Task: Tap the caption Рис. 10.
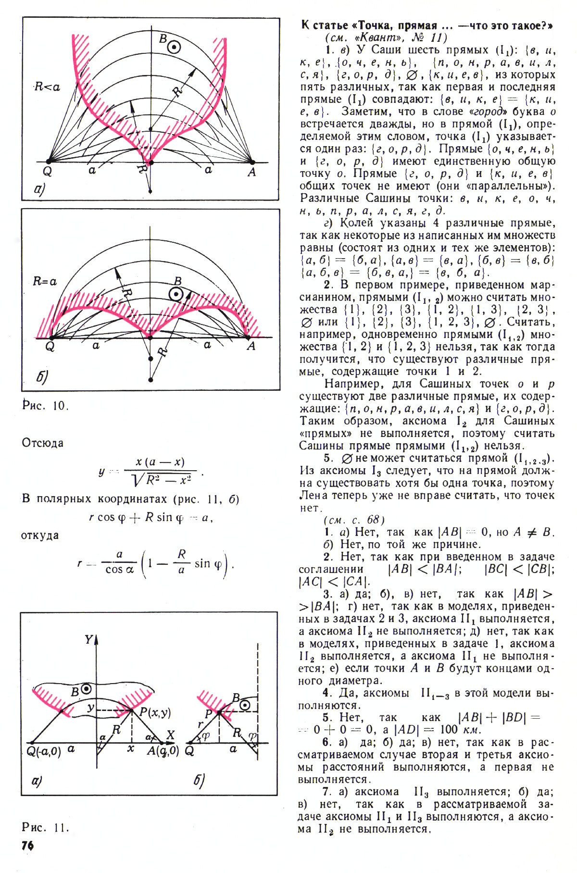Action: pos(46,405)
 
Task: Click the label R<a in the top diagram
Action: pos(47,87)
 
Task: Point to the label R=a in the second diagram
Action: pos(45,282)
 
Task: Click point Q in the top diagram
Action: pos(48,162)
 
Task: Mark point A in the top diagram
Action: pos(252,162)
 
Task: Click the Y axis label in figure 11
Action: pos(89,639)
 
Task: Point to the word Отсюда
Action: pos(43,443)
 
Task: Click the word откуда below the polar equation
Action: pos(40,535)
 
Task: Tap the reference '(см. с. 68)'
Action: pos(354,520)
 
